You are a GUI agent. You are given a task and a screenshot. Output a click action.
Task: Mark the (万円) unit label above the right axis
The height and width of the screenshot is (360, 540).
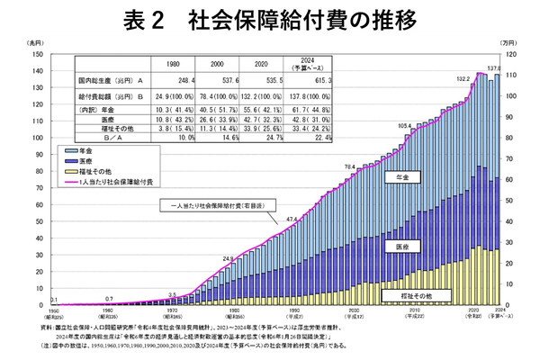[508, 42]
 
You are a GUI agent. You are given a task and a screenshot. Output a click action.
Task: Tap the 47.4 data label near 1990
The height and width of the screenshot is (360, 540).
[291, 219]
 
